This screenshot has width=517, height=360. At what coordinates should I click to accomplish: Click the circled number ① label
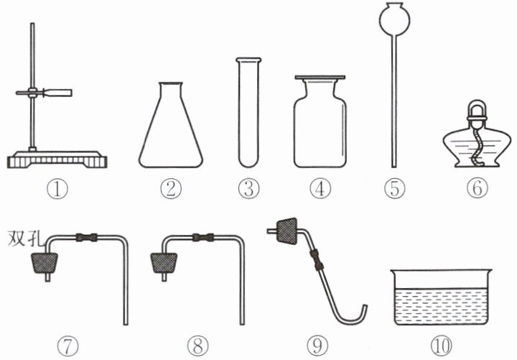pos(57,188)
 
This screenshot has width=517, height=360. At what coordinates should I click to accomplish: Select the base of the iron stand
pos(57,160)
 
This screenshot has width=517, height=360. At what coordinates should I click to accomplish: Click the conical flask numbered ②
pos(170,125)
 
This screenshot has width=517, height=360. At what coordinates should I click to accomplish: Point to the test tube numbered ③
pos(248,113)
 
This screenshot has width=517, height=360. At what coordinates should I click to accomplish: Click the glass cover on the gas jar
pos(320,78)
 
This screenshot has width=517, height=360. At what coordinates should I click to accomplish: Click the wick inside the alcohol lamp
pos(477,145)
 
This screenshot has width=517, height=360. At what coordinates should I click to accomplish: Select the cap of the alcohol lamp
pos(477,111)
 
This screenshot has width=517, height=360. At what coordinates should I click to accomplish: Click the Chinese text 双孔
pos(26,238)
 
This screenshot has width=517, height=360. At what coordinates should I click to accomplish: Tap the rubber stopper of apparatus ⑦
pos(45,263)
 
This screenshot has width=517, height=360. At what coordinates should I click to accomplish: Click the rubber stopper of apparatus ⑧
pos(164,263)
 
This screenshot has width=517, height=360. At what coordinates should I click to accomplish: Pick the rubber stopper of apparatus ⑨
pos(287,231)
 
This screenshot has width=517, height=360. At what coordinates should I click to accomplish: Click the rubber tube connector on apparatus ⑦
pos(87,237)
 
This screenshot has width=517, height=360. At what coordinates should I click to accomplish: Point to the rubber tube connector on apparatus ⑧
pos(203,237)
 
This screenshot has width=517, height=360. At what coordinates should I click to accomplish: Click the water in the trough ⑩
pos(441,306)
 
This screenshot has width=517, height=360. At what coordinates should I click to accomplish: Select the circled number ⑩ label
pos(442,346)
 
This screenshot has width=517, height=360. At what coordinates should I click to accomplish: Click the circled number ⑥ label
pos(477,188)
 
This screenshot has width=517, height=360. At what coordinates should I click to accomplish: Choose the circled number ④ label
pos(320,188)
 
